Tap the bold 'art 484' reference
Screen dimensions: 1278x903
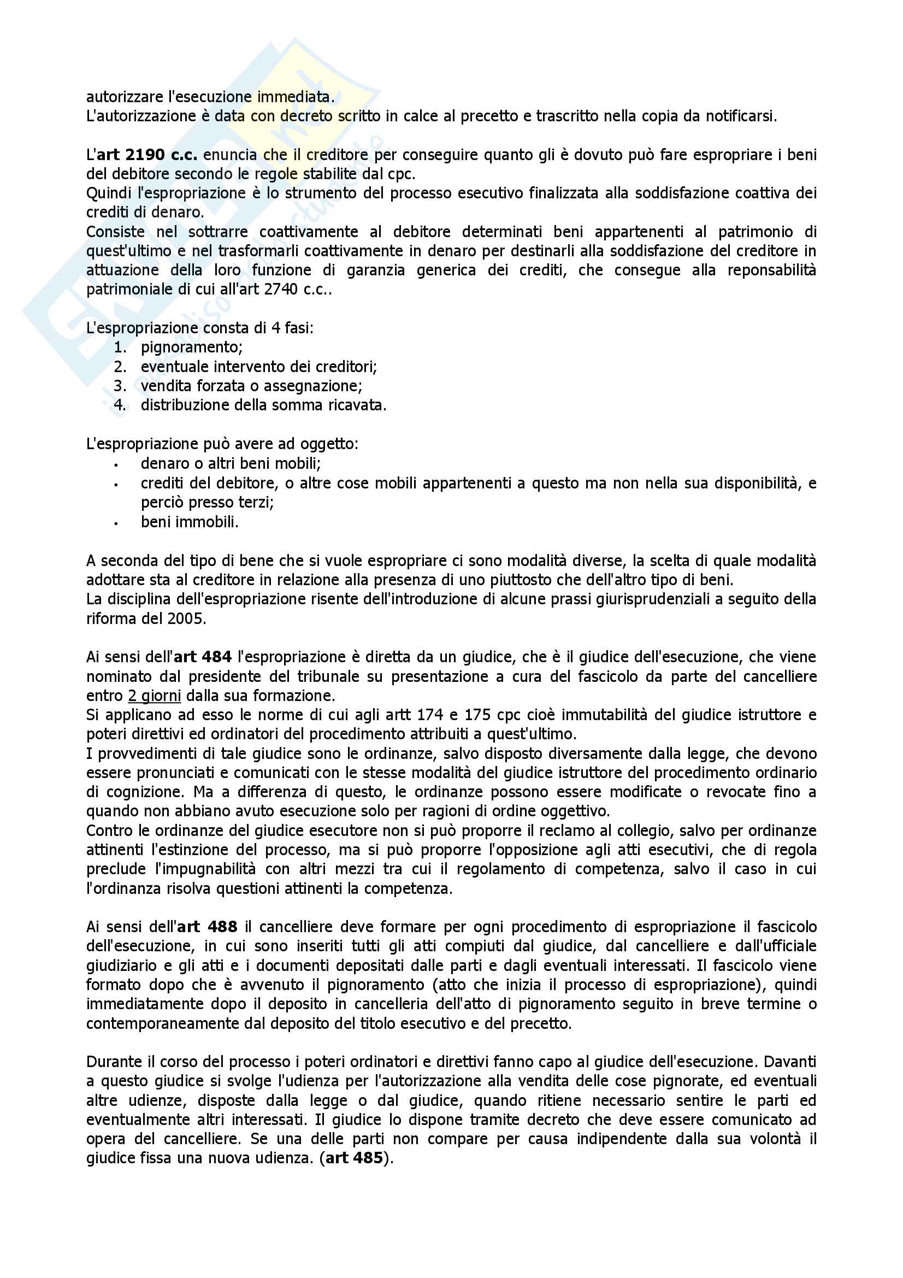point(203,657)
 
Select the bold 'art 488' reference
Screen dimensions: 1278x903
point(207,927)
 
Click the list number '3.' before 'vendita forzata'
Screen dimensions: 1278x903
point(121,386)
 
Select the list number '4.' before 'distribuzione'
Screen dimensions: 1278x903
point(121,405)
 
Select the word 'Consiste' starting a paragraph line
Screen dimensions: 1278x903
point(115,232)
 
